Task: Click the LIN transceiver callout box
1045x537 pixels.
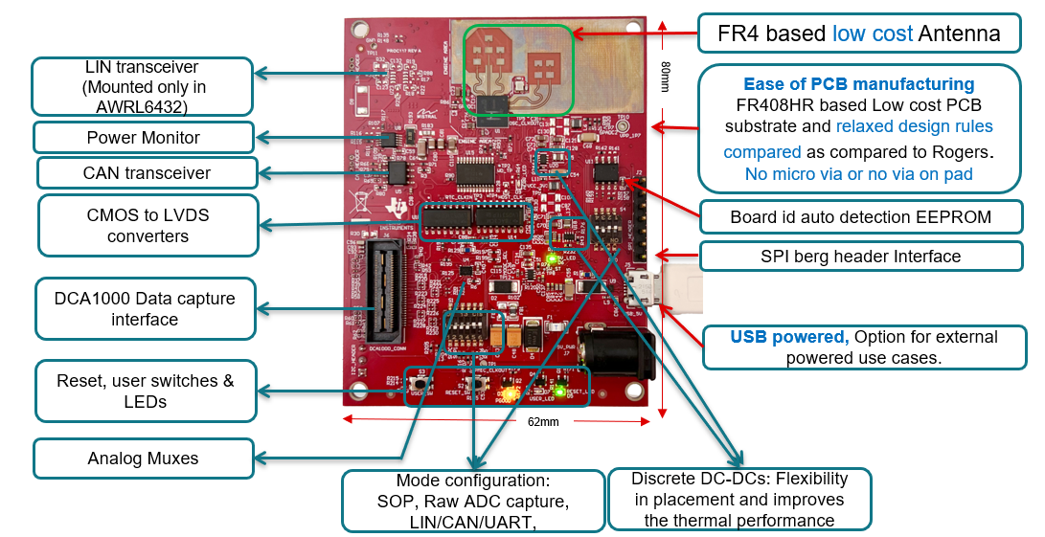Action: [x=143, y=87]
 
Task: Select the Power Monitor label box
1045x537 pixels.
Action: [x=144, y=137]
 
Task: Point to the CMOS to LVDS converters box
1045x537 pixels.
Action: [x=148, y=226]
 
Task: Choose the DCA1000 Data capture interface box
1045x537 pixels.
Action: [x=146, y=308]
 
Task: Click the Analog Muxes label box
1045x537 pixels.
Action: [x=144, y=459]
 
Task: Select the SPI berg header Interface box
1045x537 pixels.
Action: [x=860, y=256]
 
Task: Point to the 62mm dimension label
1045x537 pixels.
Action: [x=542, y=422]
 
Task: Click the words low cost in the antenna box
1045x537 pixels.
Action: [x=873, y=34]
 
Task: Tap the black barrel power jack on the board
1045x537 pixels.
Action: [x=625, y=349]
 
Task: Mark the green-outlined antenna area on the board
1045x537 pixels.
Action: [x=518, y=69]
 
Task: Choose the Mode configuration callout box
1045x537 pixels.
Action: [x=468, y=500]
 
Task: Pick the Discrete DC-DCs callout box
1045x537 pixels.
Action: [x=739, y=500]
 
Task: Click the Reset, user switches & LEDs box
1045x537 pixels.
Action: [x=146, y=391]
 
